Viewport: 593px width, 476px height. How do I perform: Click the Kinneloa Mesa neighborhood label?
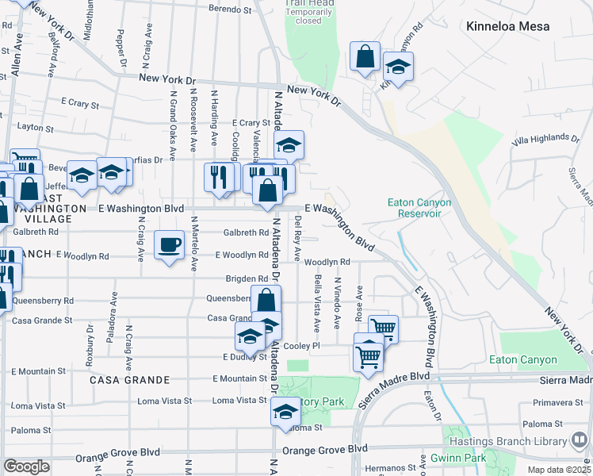pos(519,26)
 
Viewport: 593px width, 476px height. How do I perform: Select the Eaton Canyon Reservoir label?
pos(419,208)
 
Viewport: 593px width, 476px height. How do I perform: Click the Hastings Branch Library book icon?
pos(580,438)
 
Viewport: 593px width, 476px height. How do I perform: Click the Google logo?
pos(26,466)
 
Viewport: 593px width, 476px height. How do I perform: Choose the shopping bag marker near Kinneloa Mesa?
pos(365,58)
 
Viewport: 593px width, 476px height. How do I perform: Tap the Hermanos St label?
pos(389,468)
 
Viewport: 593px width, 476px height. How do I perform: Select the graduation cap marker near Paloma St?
pos(285,411)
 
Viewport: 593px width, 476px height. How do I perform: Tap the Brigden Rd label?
pos(246,279)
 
